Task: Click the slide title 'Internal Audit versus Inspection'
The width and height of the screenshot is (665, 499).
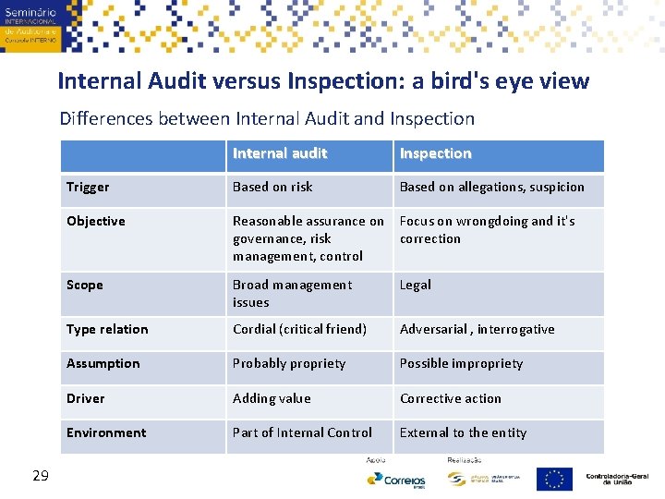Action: point(322,80)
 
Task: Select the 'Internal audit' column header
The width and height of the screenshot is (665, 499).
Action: point(280,153)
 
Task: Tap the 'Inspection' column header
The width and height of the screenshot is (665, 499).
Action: point(435,153)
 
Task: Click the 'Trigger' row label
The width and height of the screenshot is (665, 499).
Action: point(88,187)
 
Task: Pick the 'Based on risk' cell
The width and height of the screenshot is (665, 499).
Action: point(272,187)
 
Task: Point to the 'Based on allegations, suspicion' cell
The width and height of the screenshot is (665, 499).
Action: point(491,187)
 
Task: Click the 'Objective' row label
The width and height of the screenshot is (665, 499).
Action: point(96,221)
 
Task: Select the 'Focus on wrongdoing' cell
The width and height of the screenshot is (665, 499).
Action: point(487,229)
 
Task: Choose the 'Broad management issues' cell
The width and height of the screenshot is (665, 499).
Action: point(292,293)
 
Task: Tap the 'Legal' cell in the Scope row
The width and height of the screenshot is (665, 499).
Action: point(415,285)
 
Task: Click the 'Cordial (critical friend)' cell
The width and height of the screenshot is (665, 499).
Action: point(299,329)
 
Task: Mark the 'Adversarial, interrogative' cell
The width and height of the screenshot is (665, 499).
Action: point(477,329)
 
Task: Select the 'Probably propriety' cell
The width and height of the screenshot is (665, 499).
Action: point(289,363)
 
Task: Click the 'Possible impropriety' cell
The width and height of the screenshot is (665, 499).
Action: point(461,363)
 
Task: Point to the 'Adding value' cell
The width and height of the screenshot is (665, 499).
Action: point(272,398)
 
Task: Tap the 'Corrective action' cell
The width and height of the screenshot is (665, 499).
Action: point(450,398)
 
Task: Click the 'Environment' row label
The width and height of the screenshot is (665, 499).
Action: point(106,432)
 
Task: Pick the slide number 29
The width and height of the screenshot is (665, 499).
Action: point(40,475)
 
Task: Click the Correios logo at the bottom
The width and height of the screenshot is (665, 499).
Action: point(396,480)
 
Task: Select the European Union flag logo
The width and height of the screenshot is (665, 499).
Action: point(554,479)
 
